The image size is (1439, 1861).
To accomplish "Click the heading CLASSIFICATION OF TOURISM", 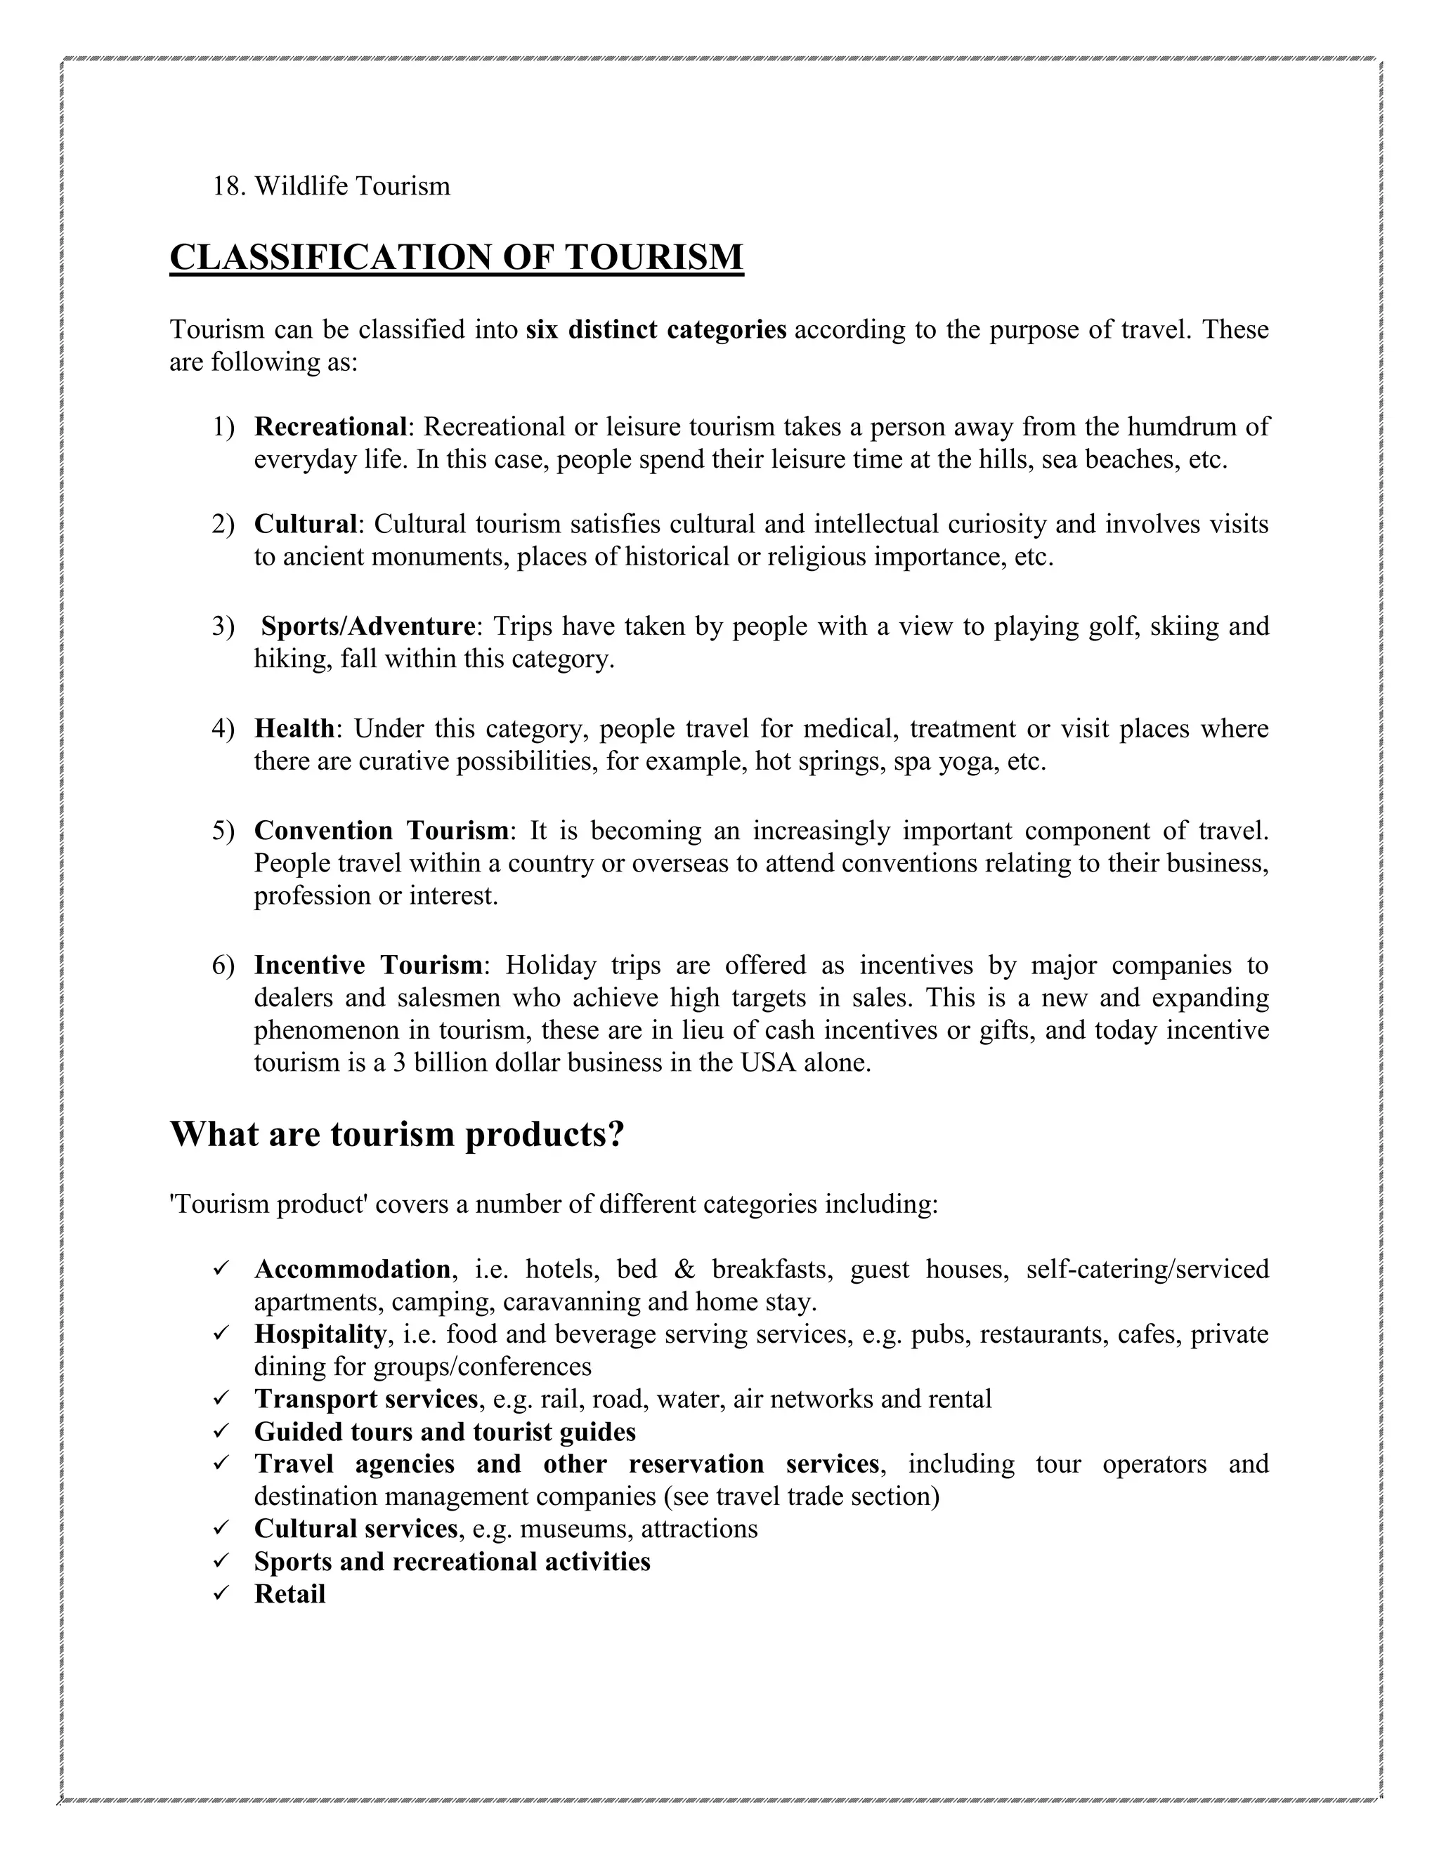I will point(456,257).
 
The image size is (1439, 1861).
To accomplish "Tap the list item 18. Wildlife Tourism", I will point(331,186).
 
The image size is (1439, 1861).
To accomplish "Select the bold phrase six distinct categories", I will point(656,330).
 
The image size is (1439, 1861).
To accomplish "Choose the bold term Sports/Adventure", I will point(367,626).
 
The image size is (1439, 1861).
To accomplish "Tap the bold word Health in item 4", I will point(294,728).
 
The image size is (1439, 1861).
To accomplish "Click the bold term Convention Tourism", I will point(381,830).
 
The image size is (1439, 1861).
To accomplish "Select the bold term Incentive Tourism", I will point(368,966).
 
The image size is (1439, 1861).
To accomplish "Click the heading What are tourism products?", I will point(397,1134).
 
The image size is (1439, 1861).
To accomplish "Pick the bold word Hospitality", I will point(320,1334).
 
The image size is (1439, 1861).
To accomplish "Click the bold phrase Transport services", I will point(365,1398).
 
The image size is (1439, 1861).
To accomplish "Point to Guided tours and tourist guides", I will point(445,1431).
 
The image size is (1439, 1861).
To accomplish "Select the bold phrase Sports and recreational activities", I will point(452,1561).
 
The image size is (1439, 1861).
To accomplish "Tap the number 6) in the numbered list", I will point(223,966).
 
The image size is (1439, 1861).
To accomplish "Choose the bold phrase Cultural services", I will point(356,1529).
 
